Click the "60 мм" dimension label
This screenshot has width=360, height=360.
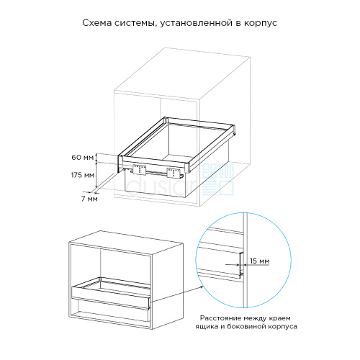pyautogui.click(x=83, y=158)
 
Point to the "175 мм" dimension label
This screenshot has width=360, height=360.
pyautogui.click(x=83, y=175)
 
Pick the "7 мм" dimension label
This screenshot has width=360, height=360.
pyautogui.click(x=89, y=199)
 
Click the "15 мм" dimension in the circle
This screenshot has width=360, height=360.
pyautogui.click(x=259, y=261)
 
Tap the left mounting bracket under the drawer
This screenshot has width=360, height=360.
pyautogui.click(x=139, y=169)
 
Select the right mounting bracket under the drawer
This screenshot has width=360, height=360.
pyautogui.click(x=174, y=173)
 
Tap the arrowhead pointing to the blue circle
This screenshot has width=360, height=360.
pyautogui.click(x=201, y=287)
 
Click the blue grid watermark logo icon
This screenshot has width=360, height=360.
pyautogui.click(x=218, y=179)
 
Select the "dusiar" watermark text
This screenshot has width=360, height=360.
pyautogui.click(x=161, y=186)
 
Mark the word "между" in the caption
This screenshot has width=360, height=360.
pyautogui.click(x=255, y=318)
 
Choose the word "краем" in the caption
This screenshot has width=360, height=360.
pyautogui.click(x=279, y=319)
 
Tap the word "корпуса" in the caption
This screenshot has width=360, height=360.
pyautogui.click(x=282, y=327)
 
